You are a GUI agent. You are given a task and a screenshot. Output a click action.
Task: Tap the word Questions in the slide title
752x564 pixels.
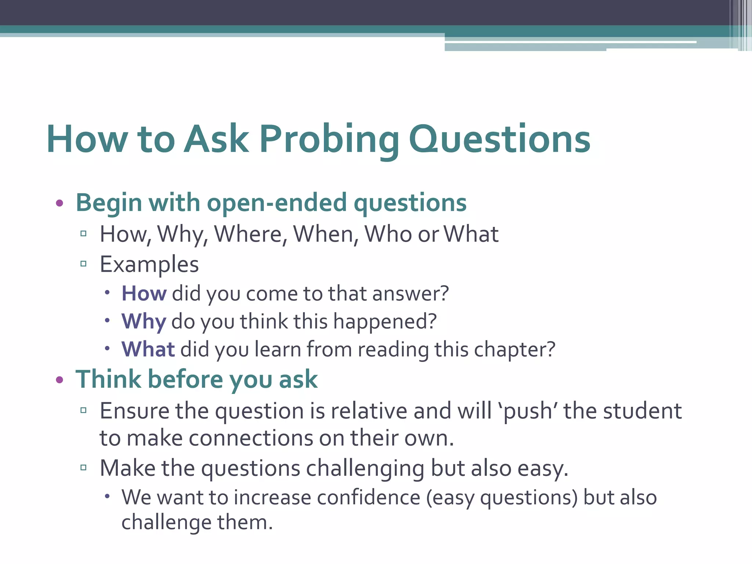(499, 140)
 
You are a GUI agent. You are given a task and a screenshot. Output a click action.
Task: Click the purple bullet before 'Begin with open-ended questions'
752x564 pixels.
(59, 203)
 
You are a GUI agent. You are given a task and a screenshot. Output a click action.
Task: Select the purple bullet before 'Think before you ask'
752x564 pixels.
(59, 380)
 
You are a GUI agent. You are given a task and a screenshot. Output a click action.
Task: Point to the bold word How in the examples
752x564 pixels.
(144, 294)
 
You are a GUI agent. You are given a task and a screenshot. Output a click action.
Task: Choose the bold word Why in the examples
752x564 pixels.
(144, 322)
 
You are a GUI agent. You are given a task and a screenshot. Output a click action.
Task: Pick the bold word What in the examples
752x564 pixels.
(148, 349)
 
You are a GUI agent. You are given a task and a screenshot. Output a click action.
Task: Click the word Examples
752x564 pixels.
(149, 264)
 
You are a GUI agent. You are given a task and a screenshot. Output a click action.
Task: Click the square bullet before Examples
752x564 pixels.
(83, 264)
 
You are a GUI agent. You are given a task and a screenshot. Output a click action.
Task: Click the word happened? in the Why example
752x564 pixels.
(385, 322)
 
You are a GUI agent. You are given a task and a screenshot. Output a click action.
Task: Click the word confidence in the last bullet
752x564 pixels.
(368, 498)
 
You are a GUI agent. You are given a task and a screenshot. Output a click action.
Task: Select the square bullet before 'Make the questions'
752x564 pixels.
(83, 468)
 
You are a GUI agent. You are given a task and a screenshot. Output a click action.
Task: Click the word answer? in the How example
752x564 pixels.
(411, 294)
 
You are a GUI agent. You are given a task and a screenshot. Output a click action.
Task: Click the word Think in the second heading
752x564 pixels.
(108, 380)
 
